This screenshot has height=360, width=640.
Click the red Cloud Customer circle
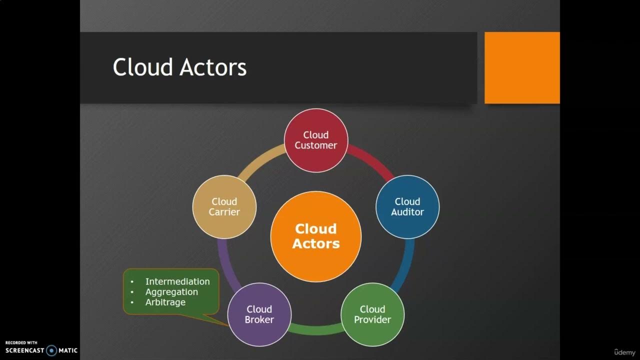coord(315,140)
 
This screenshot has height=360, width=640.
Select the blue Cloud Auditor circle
coord(407,206)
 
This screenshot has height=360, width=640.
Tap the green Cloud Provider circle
coord(372,314)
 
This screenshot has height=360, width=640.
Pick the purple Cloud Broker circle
coord(259,314)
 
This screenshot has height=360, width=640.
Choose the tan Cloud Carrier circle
coord(224,206)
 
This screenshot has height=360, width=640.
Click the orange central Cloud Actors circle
coord(315,236)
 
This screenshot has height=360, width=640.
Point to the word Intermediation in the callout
coord(177,281)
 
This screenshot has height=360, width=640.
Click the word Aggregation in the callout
coord(171,292)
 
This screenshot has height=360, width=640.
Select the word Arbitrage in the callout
coord(165,302)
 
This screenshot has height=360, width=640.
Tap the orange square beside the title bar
coord(522,67)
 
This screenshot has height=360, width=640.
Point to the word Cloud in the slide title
coord(143,67)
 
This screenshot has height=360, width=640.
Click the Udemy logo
coord(624,351)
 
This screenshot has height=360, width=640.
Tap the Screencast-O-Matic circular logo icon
coord(51,350)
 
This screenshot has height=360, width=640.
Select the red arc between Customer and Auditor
coord(372,160)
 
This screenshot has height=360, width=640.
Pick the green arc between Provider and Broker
coord(315,329)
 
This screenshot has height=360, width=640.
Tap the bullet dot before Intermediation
coord(132,282)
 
